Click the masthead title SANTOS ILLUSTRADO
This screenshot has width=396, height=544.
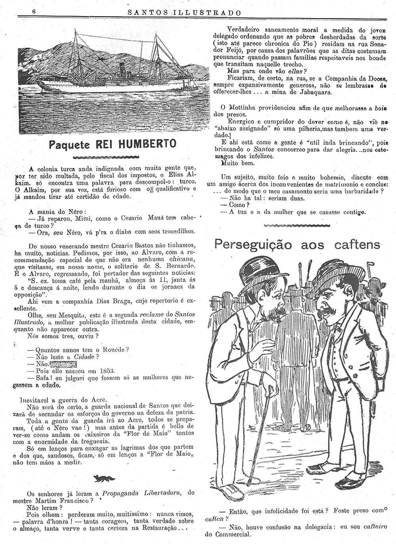(x=185, y=12)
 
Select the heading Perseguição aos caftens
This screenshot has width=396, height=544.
(x=297, y=244)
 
